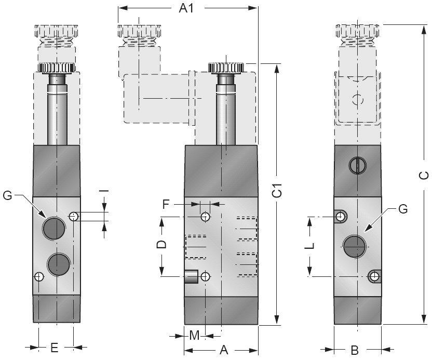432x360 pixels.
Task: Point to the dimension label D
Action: click(x=161, y=244)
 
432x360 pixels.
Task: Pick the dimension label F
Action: click(x=166, y=204)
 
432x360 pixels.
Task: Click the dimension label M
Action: click(x=194, y=336)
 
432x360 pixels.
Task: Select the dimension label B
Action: click(x=355, y=350)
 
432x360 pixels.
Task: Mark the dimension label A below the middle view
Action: click(x=224, y=350)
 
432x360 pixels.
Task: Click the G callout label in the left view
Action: click(x=8, y=195)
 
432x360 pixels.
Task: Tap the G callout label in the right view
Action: click(x=403, y=209)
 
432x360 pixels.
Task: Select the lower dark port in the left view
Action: click(x=58, y=264)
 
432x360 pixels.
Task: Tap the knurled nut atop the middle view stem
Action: click(x=226, y=68)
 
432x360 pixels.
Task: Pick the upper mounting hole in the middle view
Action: click(x=206, y=216)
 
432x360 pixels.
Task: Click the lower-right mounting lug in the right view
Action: click(x=374, y=276)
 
